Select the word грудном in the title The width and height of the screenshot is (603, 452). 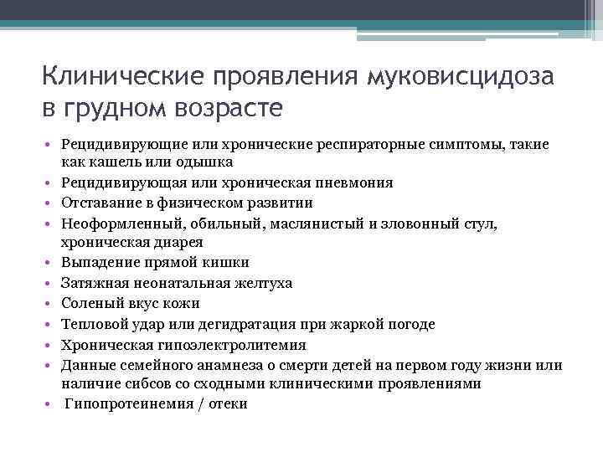coord(115,109)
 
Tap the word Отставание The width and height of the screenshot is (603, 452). coord(102,203)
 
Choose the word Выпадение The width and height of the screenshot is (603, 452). coord(99,263)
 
